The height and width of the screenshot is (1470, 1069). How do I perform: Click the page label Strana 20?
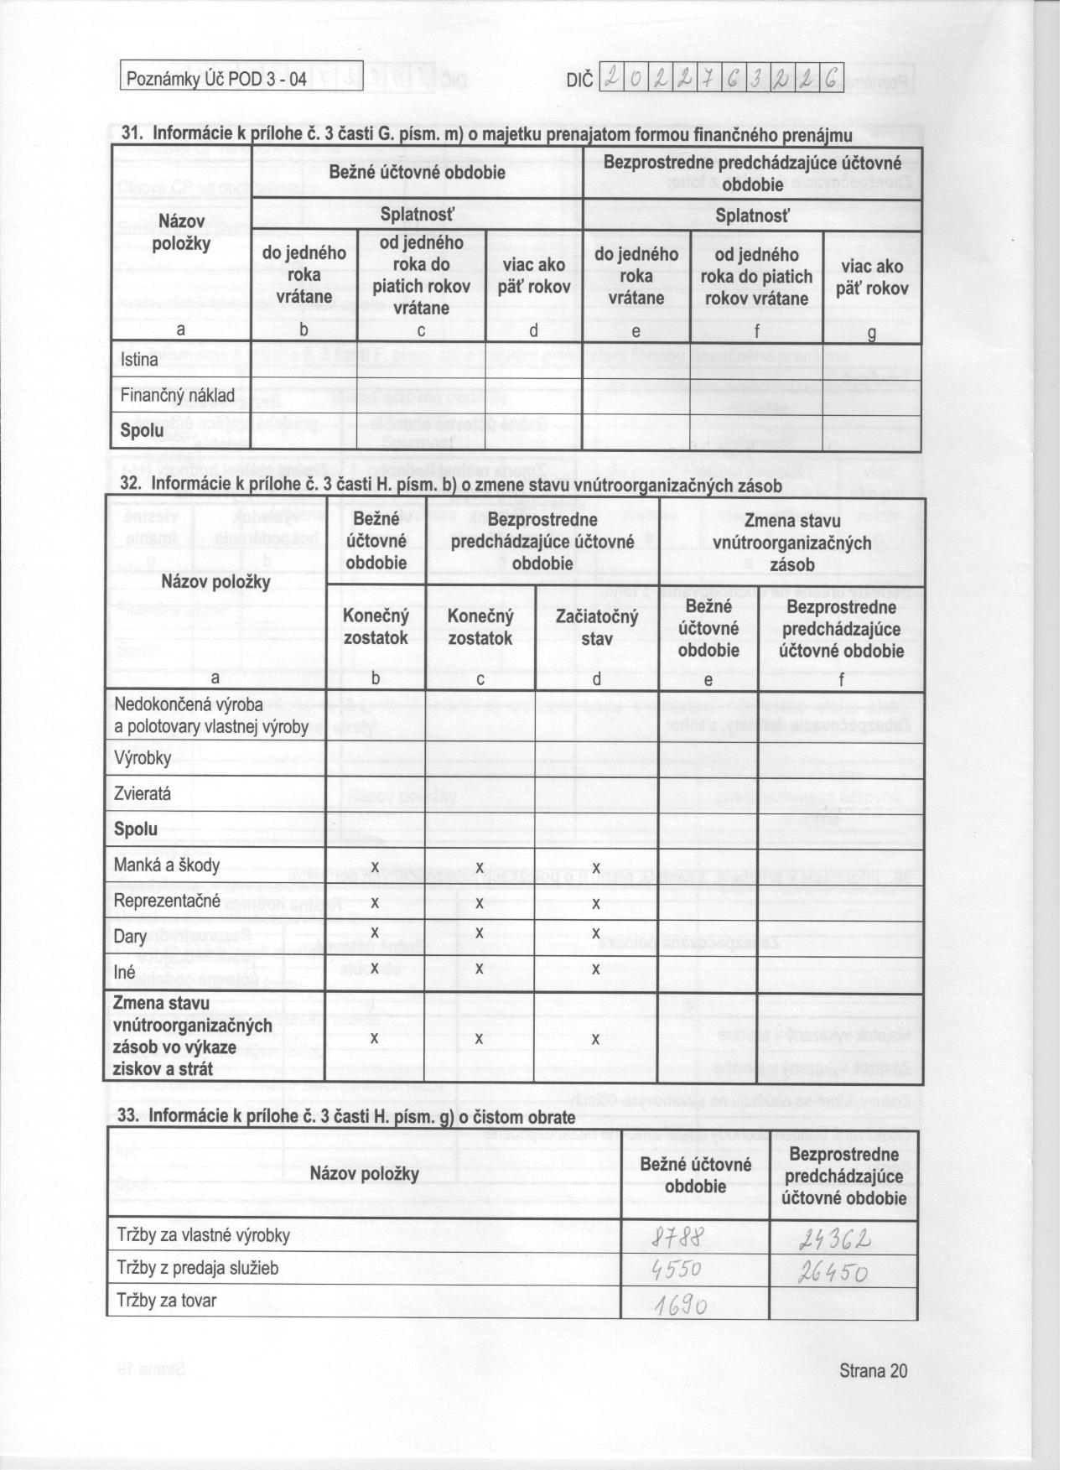point(872,1370)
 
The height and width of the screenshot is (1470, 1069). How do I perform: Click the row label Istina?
point(140,361)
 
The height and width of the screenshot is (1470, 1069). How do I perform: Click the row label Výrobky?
point(143,758)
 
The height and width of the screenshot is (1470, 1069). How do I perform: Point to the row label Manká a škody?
point(167,865)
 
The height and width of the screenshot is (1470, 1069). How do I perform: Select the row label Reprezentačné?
point(167,901)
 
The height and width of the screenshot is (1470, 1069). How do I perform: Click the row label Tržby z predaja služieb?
point(197,1268)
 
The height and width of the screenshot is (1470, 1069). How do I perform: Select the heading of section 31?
point(487,134)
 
